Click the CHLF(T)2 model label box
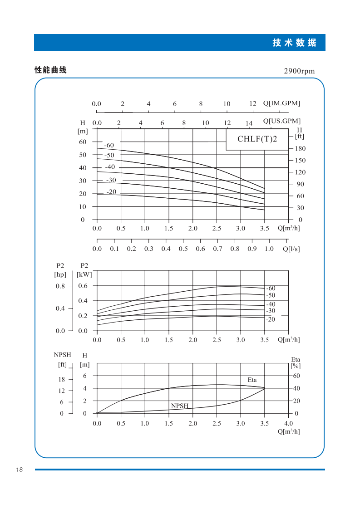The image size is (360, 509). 257,139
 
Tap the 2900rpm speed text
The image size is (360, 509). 299,71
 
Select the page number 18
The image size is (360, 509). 19,470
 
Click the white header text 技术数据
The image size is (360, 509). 294,43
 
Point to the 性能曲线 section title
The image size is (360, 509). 50,70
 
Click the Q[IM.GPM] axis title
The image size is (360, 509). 281,103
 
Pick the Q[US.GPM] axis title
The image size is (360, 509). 282,121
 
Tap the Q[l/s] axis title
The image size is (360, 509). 291,249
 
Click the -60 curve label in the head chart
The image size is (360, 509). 109,146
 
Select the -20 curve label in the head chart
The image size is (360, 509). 111,192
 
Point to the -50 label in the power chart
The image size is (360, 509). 271,295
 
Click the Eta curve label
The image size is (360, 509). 252,380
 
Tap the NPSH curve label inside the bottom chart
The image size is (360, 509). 179,406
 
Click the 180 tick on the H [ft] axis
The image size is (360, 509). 300,149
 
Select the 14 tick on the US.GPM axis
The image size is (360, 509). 249,123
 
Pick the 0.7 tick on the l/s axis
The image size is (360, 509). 217,249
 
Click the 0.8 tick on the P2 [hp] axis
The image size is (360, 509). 60,286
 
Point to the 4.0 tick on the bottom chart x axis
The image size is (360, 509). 288,424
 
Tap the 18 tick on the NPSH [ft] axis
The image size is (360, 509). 61,379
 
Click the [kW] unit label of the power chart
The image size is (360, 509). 84,274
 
